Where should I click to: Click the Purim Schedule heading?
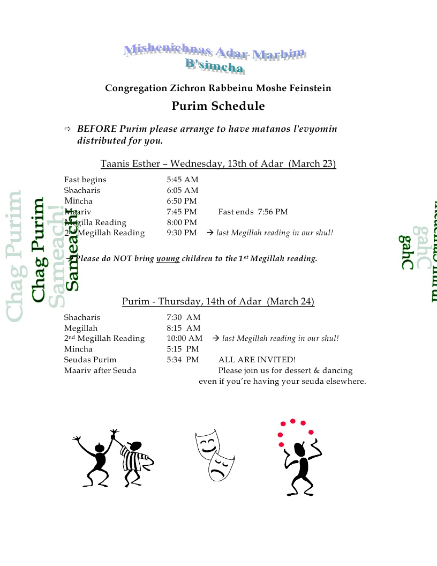click(x=218, y=106)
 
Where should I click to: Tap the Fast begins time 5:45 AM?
click(x=182, y=180)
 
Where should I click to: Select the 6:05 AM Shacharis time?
click(x=182, y=190)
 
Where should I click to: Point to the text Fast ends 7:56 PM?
click(x=253, y=212)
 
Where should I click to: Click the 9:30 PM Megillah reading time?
click(x=182, y=233)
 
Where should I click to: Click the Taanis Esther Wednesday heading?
click(x=218, y=164)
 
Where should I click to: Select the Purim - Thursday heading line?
click(x=218, y=301)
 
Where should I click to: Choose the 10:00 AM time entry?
click(x=184, y=338)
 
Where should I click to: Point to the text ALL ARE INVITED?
click(x=257, y=360)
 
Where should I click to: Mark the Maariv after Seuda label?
click(x=100, y=370)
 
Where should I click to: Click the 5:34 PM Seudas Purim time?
click(x=183, y=360)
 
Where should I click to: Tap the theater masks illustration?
click(x=214, y=453)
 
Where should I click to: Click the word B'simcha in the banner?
click(x=215, y=66)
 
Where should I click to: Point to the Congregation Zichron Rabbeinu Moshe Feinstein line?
click(x=218, y=88)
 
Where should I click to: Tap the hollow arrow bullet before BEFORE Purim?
click(x=67, y=129)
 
